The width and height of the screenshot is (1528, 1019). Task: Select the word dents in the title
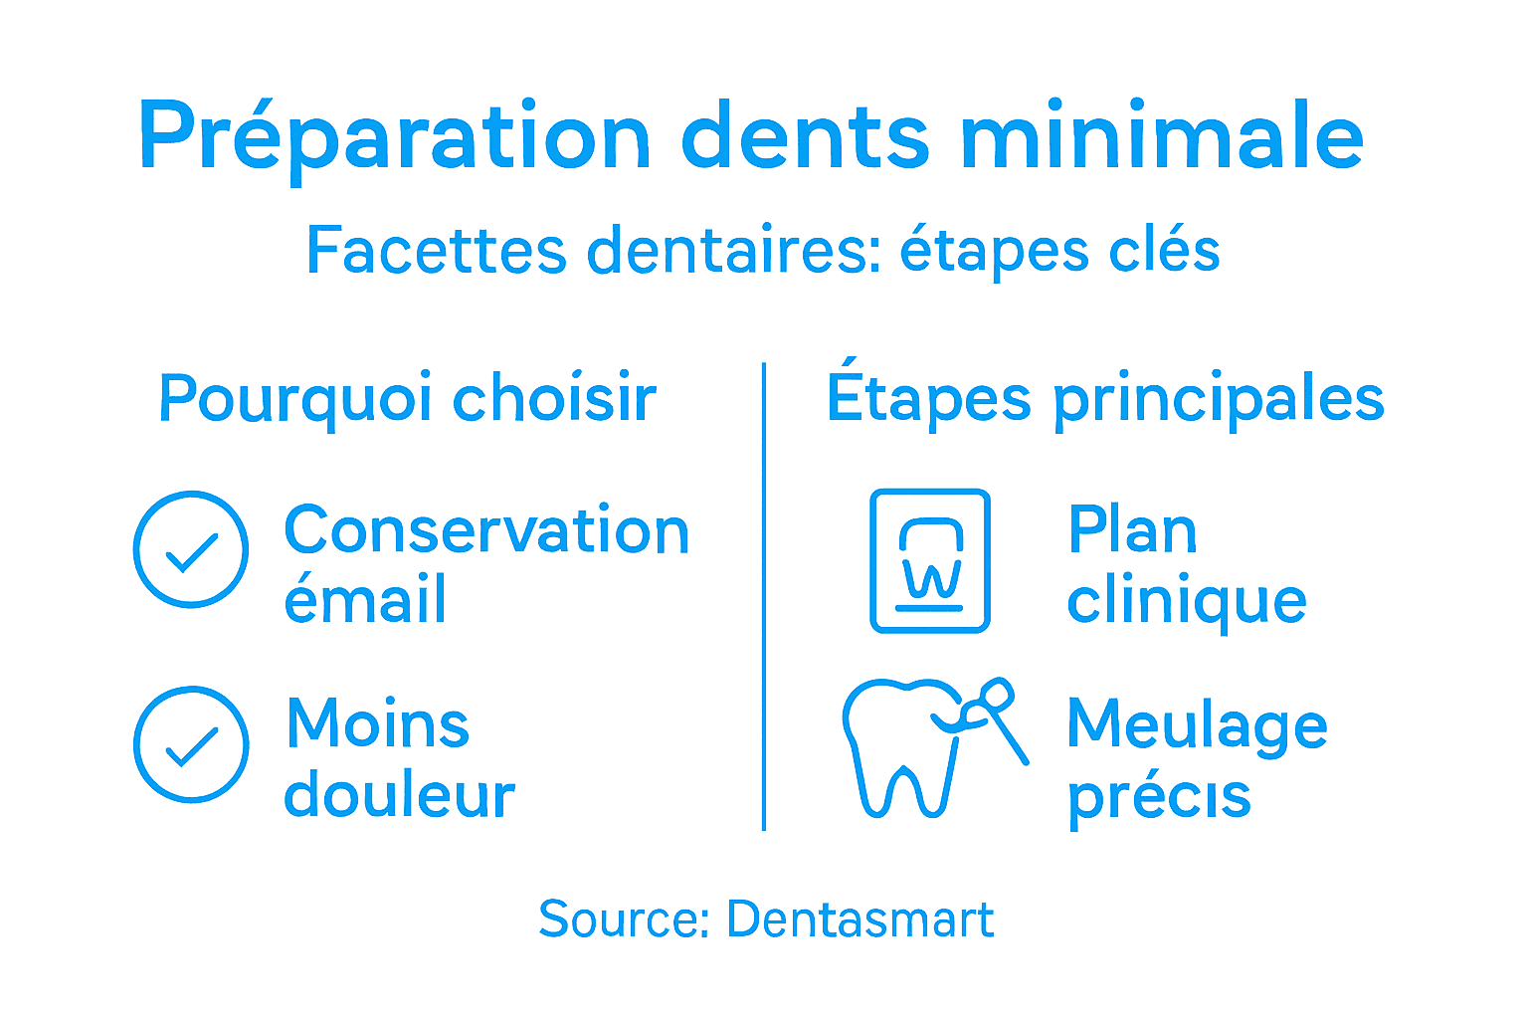coord(805,137)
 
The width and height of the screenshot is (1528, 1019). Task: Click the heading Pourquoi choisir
coord(408,399)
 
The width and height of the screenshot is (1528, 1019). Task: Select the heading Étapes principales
coord(1105,398)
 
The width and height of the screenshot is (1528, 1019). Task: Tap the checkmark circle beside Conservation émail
coord(191,548)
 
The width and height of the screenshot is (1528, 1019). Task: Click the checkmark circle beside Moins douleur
coord(191,743)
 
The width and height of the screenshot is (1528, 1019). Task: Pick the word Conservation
coord(486,530)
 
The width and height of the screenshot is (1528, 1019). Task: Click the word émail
coord(365,600)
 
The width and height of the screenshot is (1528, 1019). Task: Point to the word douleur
coord(399,795)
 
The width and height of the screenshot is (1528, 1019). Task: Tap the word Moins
coord(378,723)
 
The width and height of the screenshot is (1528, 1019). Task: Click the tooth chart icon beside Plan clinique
coord(930,560)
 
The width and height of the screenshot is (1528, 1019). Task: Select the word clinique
coord(1187,601)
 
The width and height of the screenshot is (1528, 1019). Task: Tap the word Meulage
coord(1197,724)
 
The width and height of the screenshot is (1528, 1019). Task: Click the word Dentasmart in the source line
coord(860,919)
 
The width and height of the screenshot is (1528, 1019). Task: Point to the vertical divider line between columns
coord(764,597)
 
